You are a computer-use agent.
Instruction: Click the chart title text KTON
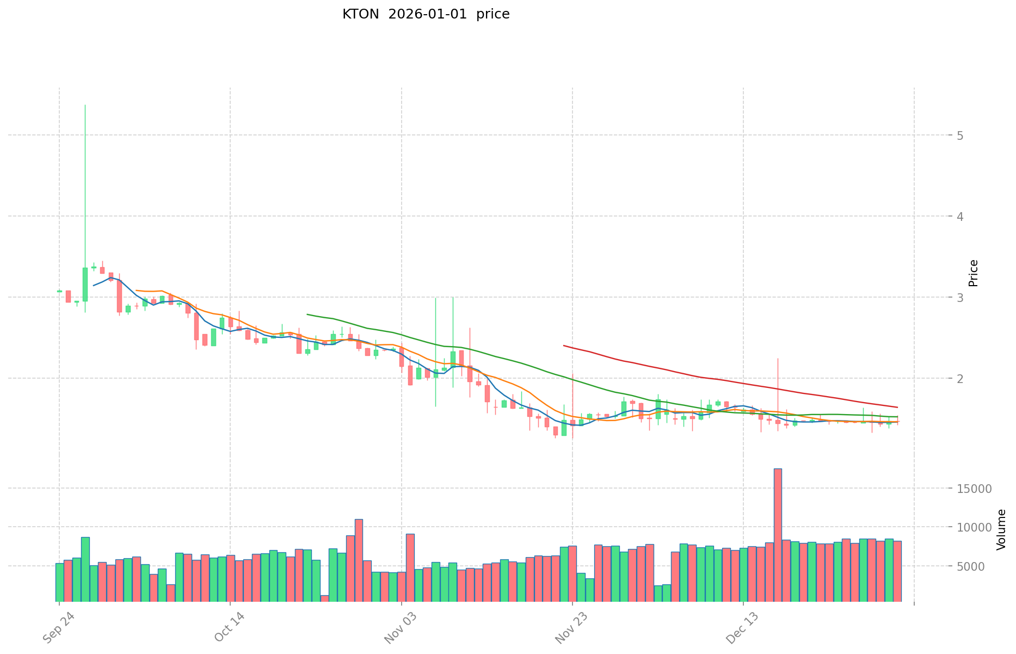coord(360,15)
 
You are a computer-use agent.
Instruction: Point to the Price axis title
coord(974,273)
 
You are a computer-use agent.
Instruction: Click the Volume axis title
coord(1001,529)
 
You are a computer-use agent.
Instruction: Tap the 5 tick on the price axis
coord(960,135)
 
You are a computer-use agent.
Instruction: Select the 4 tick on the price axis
coord(960,217)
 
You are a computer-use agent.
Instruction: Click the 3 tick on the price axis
coord(960,298)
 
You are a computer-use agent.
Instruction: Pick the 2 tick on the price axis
coord(960,379)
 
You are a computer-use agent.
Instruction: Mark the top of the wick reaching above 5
coord(85,105)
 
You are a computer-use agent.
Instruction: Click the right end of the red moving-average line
coord(897,407)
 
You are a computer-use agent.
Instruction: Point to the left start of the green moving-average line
coord(307,314)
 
